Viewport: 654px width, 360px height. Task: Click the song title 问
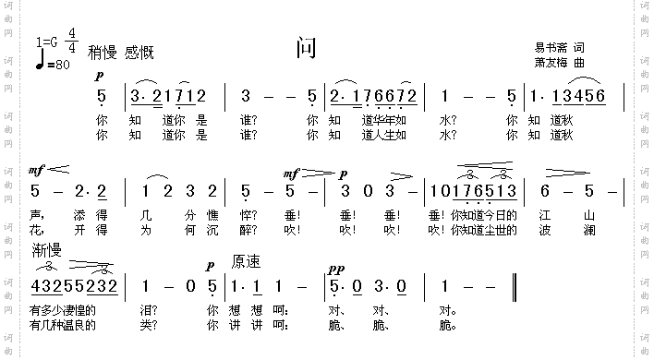pyautogui.click(x=307, y=49)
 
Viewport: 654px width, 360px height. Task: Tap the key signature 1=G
pyautogui.click(x=47, y=42)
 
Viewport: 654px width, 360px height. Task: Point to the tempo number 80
pyautogui.click(x=63, y=65)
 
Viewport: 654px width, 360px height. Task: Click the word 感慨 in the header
pyautogui.click(x=139, y=53)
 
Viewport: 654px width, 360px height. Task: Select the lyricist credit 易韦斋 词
pyautogui.click(x=559, y=47)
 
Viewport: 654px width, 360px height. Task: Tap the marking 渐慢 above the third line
pyautogui.click(x=46, y=250)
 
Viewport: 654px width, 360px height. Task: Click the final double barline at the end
pyautogui.click(x=513, y=286)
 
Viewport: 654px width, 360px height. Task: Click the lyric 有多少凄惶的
pyautogui.click(x=62, y=310)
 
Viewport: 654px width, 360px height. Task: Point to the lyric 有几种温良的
pyautogui.click(x=62, y=325)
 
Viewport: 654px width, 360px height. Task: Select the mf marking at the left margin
pyautogui.click(x=37, y=171)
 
